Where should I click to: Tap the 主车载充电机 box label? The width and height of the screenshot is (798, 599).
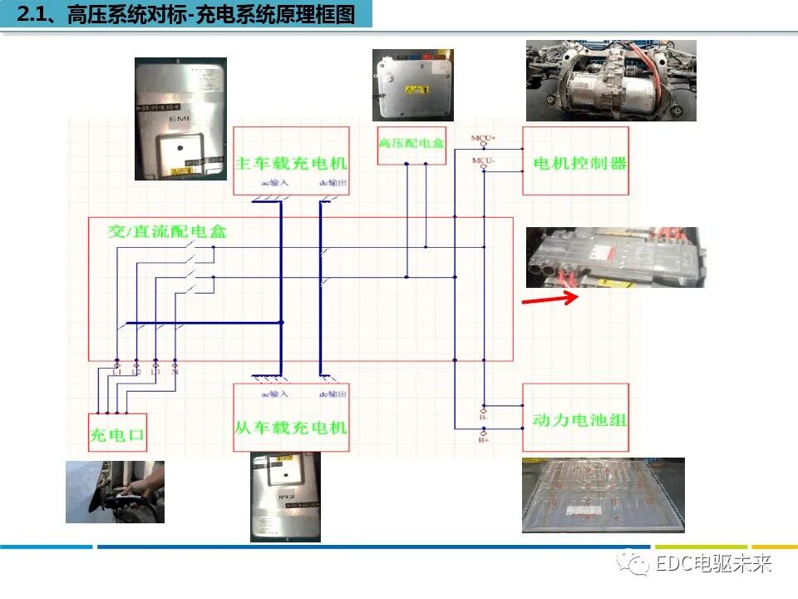pos(290,162)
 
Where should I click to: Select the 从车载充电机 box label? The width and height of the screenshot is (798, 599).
pos(290,428)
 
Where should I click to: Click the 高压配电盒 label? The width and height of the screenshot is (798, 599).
pos(411,143)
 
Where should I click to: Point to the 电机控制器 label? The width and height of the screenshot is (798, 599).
pos(579,162)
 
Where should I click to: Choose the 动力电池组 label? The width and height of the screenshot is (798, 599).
pos(579,418)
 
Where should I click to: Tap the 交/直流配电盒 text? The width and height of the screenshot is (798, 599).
pos(167,232)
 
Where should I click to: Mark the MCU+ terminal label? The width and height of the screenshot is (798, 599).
pos(483,136)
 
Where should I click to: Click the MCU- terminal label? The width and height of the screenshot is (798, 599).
pos(483,159)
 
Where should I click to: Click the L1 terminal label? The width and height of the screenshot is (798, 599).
pos(116,371)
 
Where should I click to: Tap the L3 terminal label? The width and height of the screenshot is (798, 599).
pos(155,371)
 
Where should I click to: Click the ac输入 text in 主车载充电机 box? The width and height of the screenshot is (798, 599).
pos(274,182)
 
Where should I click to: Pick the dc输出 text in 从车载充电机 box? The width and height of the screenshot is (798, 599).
pos(332,393)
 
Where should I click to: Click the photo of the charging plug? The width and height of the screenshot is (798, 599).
pos(115,492)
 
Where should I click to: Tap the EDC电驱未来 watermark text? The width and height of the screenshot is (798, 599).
pos(713,564)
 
